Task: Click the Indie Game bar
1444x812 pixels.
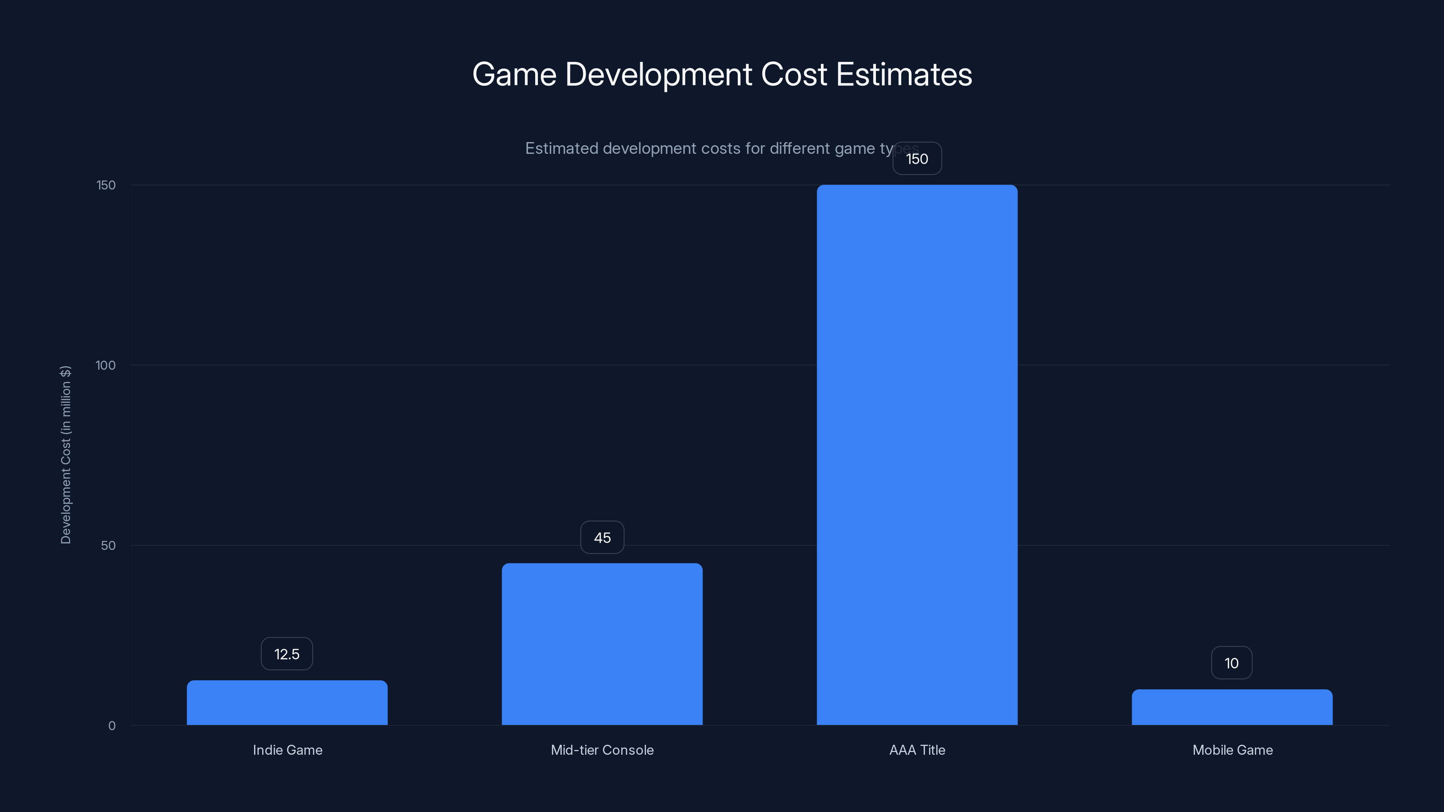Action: pyautogui.click(x=287, y=703)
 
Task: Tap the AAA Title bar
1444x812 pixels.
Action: pyautogui.click(x=917, y=454)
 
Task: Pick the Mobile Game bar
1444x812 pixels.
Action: pyautogui.click(x=1232, y=707)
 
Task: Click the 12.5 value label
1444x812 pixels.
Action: pyautogui.click(x=287, y=654)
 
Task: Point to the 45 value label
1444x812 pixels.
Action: pyautogui.click(x=602, y=537)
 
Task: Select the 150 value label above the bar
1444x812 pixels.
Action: pyautogui.click(x=917, y=159)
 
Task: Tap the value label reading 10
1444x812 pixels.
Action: pyautogui.click(x=1231, y=663)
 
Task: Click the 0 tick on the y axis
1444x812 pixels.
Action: pyautogui.click(x=111, y=726)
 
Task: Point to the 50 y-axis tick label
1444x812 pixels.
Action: pyautogui.click(x=108, y=545)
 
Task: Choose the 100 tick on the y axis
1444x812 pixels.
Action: pyautogui.click(x=106, y=365)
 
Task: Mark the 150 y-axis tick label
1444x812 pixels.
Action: pyautogui.click(x=106, y=185)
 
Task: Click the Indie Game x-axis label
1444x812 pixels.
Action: pyautogui.click(x=287, y=750)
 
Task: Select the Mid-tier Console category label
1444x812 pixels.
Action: pyautogui.click(x=602, y=750)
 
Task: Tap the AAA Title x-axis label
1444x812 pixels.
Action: pyautogui.click(x=917, y=750)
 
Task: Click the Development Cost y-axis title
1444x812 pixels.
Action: pyautogui.click(x=65, y=454)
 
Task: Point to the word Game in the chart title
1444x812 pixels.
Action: pyautogui.click(x=514, y=74)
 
